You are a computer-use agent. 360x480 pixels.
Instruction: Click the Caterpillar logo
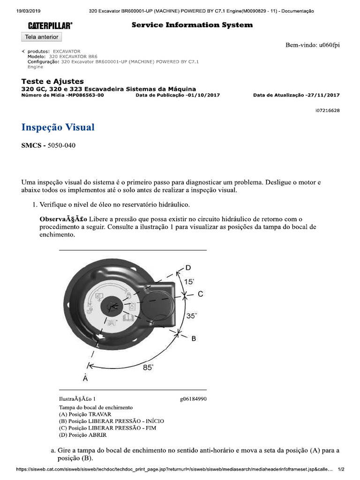(x=50, y=25)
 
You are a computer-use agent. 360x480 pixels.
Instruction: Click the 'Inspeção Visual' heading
(x=58, y=127)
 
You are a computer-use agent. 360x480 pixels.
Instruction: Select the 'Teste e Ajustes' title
(x=52, y=82)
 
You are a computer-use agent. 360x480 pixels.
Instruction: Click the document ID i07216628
(x=328, y=111)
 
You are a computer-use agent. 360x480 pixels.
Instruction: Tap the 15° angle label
(x=189, y=282)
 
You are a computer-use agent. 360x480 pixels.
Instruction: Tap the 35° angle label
(x=192, y=316)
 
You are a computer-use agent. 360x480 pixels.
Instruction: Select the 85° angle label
(x=148, y=367)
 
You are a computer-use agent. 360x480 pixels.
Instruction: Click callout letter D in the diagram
(x=188, y=268)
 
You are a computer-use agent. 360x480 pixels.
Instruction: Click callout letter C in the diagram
(x=200, y=294)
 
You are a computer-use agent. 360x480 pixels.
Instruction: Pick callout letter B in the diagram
(x=193, y=338)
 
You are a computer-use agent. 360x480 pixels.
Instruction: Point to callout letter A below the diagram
(x=85, y=377)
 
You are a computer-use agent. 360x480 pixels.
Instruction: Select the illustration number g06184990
(x=193, y=399)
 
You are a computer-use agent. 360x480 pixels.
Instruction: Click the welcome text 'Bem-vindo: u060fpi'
(x=313, y=45)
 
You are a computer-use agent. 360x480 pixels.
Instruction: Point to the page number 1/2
(x=341, y=469)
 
